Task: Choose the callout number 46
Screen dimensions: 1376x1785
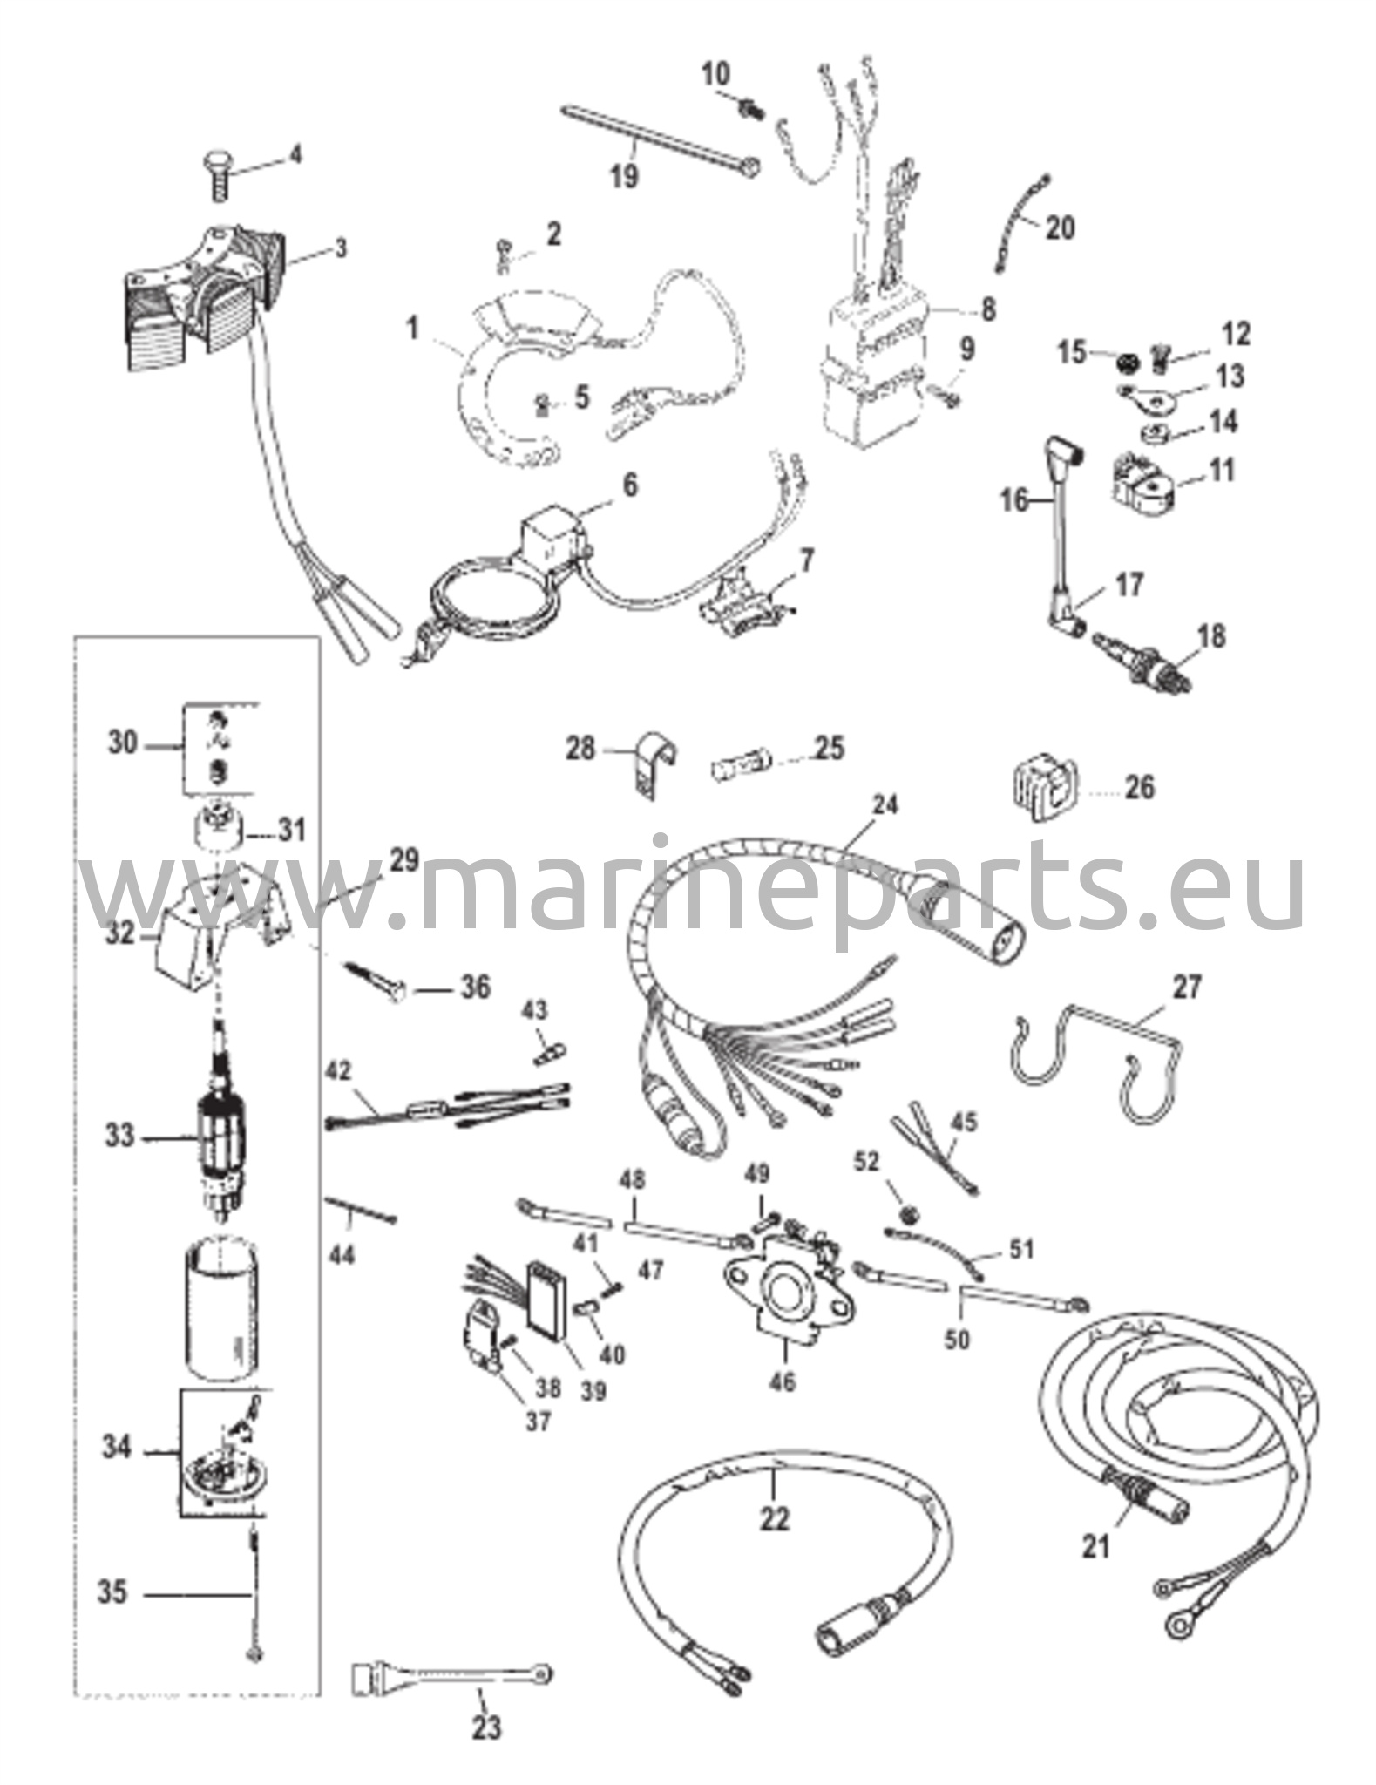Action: tap(783, 1381)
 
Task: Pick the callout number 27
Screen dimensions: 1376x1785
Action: tap(1187, 988)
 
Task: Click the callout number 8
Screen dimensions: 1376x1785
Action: tap(987, 309)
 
